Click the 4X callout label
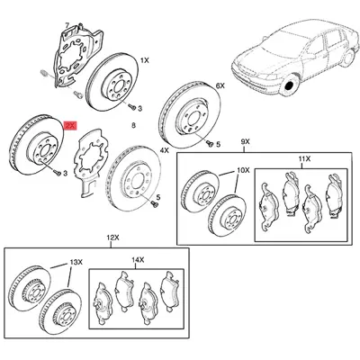coord(165,150)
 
